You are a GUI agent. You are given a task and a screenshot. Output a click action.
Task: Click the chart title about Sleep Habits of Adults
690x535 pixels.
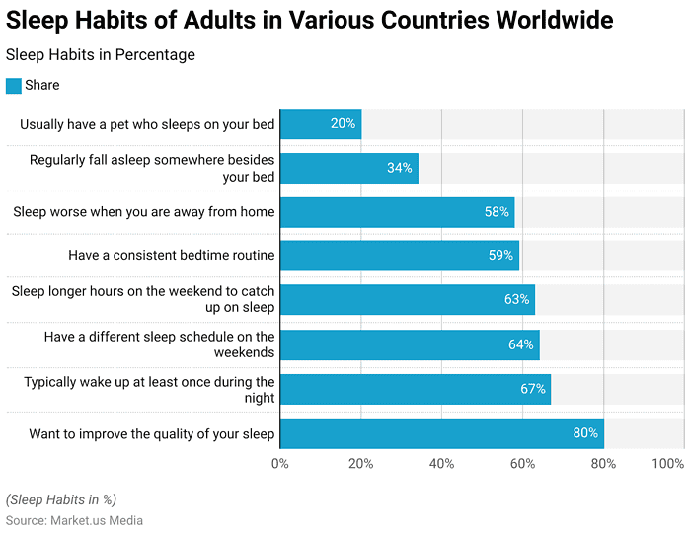click(x=309, y=20)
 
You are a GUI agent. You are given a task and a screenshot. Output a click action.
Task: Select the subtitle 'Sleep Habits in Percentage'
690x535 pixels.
click(x=101, y=55)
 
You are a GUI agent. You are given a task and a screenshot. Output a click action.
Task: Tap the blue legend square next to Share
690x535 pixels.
click(x=14, y=86)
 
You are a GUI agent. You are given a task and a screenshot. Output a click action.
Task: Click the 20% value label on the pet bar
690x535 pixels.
click(x=343, y=124)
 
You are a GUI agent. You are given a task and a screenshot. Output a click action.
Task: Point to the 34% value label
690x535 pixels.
click(x=399, y=168)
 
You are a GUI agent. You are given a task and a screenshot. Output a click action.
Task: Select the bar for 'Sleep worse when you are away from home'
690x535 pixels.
click(x=397, y=212)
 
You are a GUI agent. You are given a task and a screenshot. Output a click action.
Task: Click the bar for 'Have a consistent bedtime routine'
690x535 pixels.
click(x=399, y=256)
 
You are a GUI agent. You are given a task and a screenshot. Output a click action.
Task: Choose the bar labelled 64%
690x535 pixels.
click(x=410, y=344)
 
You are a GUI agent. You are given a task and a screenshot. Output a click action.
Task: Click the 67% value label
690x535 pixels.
click(x=533, y=389)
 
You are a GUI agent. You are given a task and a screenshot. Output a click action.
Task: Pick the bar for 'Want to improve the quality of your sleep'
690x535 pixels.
click(x=441, y=433)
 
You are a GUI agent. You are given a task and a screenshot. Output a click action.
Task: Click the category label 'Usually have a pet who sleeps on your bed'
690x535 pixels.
click(x=147, y=124)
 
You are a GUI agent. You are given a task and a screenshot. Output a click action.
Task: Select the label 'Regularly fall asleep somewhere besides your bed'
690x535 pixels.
click(x=152, y=168)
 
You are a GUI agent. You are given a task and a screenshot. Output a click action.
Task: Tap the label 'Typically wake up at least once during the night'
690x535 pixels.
click(x=149, y=389)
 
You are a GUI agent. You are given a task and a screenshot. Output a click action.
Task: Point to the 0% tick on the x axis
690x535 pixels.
click(x=279, y=464)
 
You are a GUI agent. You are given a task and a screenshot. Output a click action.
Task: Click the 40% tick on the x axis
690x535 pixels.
click(x=441, y=464)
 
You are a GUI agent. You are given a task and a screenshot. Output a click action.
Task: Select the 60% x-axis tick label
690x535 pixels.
click(x=522, y=464)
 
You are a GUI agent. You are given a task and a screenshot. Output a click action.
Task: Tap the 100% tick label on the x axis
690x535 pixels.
click(x=668, y=464)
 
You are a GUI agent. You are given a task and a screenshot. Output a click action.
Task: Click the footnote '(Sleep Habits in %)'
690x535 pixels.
click(x=61, y=499)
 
